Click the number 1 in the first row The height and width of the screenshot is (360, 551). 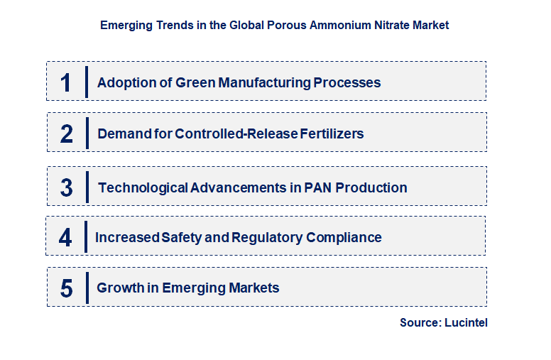[x=66, y=82]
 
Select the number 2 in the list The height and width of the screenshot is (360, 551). [x=66, y=133]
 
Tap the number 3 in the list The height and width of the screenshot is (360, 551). [x=66, y=188]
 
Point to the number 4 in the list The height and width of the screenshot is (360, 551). [x=65, y=237]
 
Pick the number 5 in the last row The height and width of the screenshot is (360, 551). [x=66, y=288]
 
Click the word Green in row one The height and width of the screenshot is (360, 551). [x=195, y=82]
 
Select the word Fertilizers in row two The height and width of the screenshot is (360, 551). [x=329, y=133]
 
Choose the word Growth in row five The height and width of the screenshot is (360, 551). [x=119, y=288]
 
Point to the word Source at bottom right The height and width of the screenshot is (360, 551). [x=419, y=322]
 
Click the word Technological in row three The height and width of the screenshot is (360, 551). [x=143, y=188]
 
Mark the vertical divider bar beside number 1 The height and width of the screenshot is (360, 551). [x=87, y=82]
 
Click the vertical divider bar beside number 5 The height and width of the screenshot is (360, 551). [x=87, y=288]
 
